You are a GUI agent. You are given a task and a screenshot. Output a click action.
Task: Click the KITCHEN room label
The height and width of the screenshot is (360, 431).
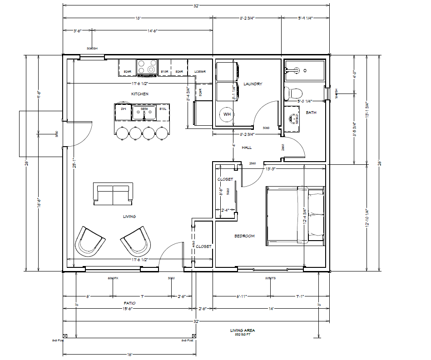point(140,94)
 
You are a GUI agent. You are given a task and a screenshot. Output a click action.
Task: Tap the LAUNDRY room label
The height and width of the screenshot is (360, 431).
point(253,84)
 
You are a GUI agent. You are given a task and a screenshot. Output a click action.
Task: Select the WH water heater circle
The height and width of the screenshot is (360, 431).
point(227,114)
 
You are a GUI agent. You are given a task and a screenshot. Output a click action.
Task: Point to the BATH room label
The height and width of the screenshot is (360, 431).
point(311,113)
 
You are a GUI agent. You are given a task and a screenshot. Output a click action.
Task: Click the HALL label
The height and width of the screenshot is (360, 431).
point(247,148)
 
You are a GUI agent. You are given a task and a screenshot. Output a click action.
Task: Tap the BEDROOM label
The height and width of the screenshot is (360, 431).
point(244,236)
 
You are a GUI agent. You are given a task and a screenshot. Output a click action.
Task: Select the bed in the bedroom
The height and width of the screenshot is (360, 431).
point(296,215)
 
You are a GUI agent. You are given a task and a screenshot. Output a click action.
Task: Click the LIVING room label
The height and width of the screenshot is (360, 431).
point(129,217)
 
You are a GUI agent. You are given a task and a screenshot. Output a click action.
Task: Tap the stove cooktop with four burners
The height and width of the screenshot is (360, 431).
point(147,67)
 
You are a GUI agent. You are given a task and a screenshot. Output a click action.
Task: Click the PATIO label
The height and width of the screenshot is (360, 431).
point(129,303)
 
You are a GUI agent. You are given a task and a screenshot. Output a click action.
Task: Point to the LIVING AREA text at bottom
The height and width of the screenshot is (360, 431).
point(243,330)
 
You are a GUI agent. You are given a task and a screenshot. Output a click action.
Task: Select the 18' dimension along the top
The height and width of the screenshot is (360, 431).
point(138,18)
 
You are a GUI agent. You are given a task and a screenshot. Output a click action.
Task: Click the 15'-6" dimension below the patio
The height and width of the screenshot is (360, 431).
point(127,309)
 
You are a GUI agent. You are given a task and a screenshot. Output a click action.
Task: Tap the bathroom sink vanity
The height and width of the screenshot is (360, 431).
point(293,117)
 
